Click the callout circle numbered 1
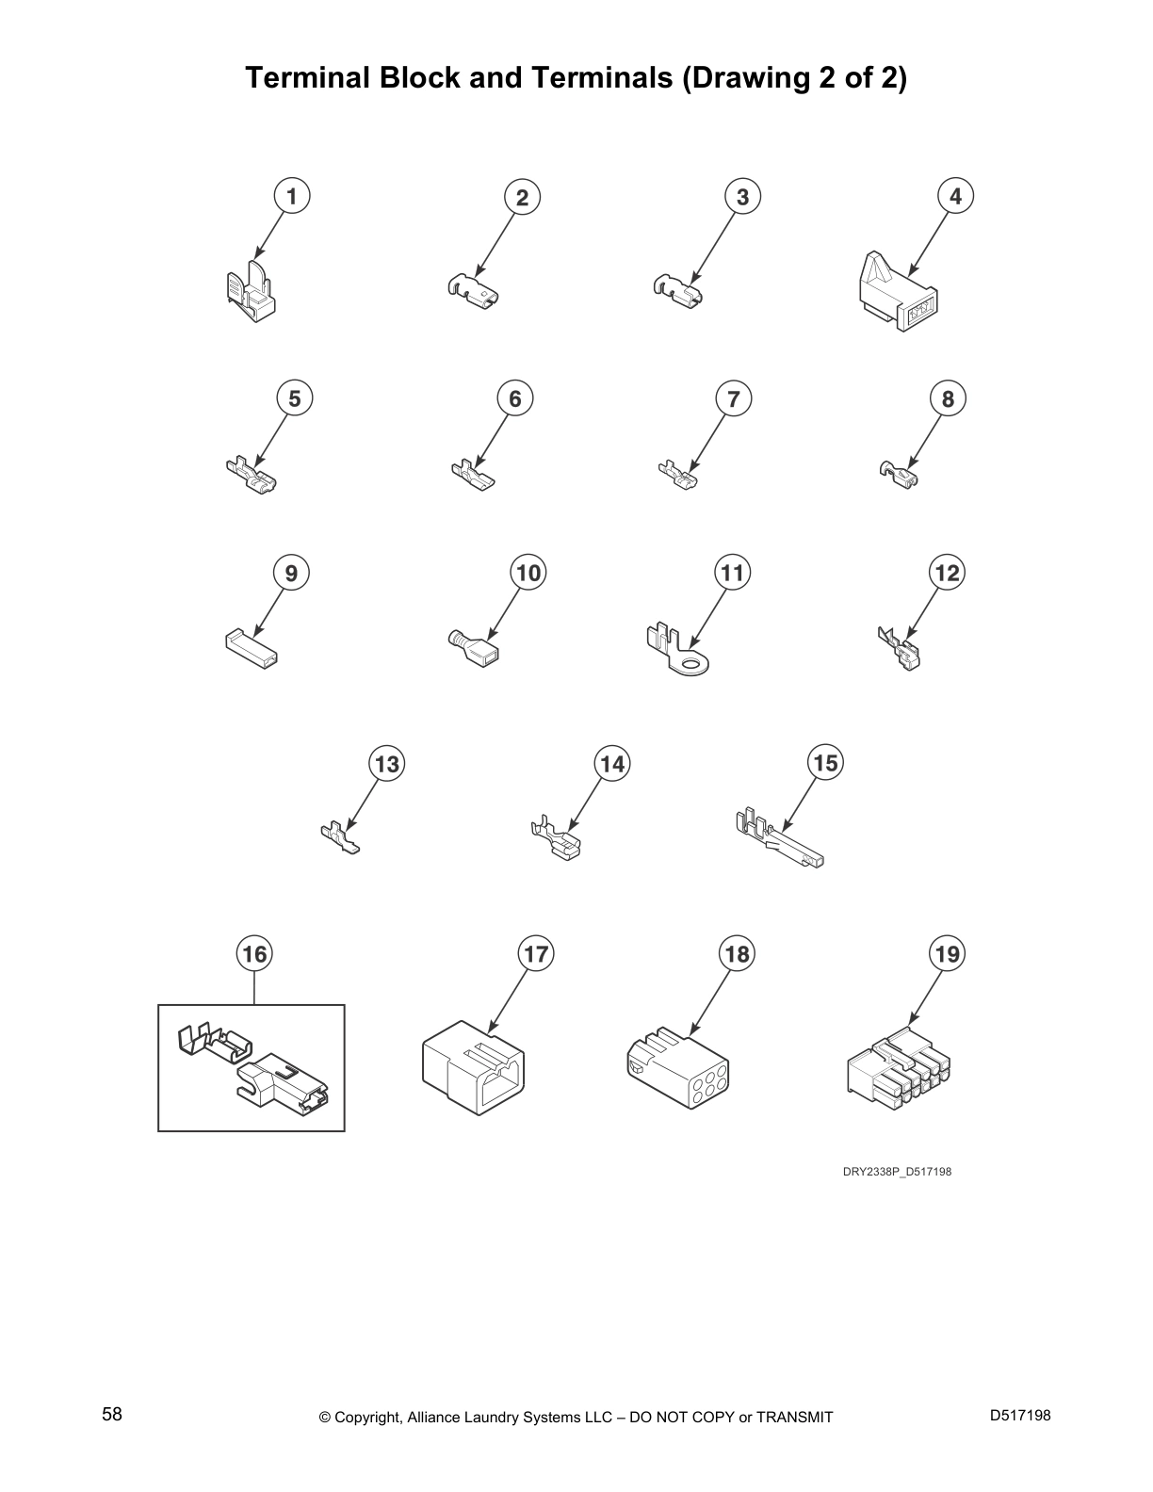(x=292, y=197)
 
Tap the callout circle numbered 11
(x=732, y=573)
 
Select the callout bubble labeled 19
(x=947, y=954)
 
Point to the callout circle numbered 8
(x=948, y=398)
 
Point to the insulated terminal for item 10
(x=473, y=647)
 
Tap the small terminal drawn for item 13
(x=340, y=837)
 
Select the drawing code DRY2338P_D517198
(x=897, y=1172)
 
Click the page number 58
(x=112, y=1414)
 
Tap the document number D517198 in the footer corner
(x=1020, y=1415)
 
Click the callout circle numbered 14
(x=611, y=764)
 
